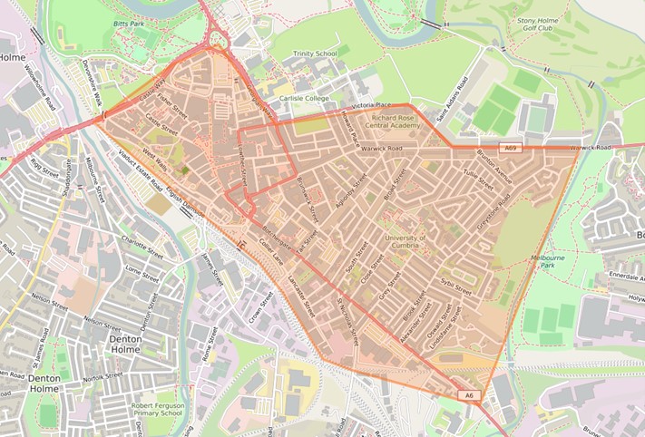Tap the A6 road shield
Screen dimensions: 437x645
pyautogui.click(x=468, y=395)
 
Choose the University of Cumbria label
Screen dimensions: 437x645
pyautogui.click(x=406, y=243)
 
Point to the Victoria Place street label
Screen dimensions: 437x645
pyautogui.click(x=370, y=106)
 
